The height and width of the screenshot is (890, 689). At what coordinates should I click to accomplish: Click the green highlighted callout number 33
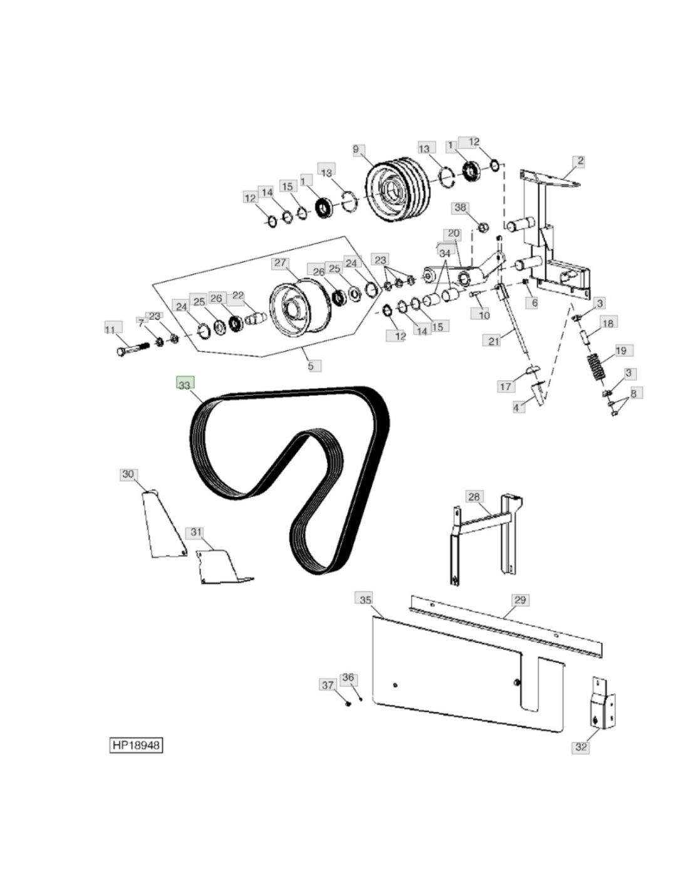[x=184, y=384]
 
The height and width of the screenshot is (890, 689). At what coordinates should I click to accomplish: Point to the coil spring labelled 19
[x=594, y=367]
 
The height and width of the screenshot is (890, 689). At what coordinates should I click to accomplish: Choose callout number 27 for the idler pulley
[x=280, y=263]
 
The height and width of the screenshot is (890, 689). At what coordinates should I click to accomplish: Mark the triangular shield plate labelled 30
[x=163, y=523]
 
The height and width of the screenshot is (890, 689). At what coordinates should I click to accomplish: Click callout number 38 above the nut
[x=460, y=208]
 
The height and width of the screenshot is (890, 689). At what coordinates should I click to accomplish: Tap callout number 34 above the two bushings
[x=444, y=253]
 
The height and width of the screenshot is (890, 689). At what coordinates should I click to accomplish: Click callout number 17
[x=505, y=386]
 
